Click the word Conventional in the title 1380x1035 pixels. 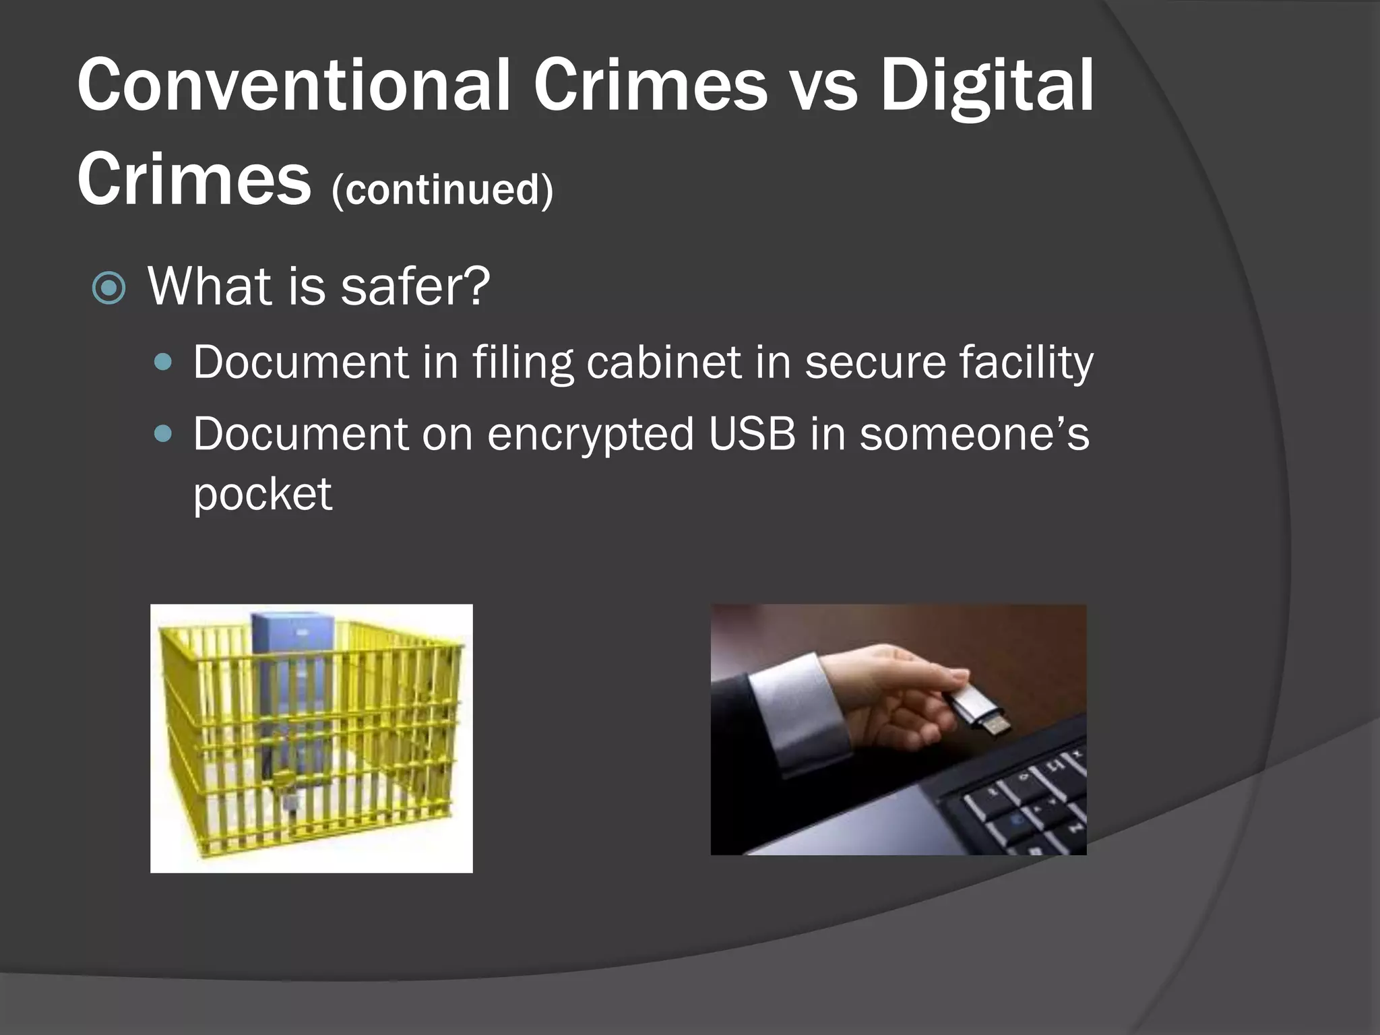tap(294, 86)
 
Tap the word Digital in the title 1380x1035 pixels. tap(988, 86)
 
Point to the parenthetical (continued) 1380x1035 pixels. tap(442, 190)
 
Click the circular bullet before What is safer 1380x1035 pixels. tap(108, 288)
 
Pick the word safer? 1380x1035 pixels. tap(415, 286)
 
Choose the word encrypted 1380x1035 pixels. tap(590, 435)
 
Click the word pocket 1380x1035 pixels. tap(263, 495)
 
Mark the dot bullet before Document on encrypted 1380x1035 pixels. tap(163, 433)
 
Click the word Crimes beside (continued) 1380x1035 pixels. tap(194, 179)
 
